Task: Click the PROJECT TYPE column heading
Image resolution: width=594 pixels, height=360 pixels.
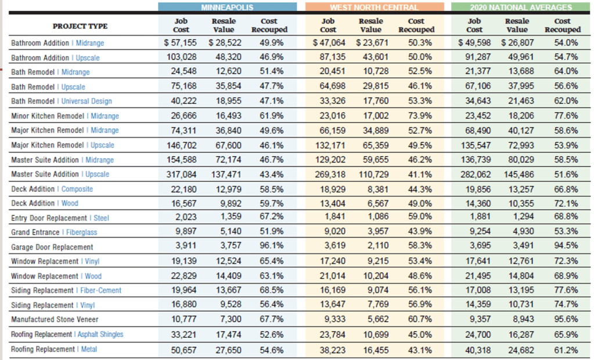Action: tap(80, 26)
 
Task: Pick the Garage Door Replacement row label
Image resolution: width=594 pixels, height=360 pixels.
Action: tap(52, 247)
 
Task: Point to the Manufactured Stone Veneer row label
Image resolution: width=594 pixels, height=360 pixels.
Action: tap(55, 319)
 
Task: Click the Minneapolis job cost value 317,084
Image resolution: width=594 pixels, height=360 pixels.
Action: tap(181, 174)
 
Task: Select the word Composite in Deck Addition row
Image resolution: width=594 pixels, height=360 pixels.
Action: tap(77, 189)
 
